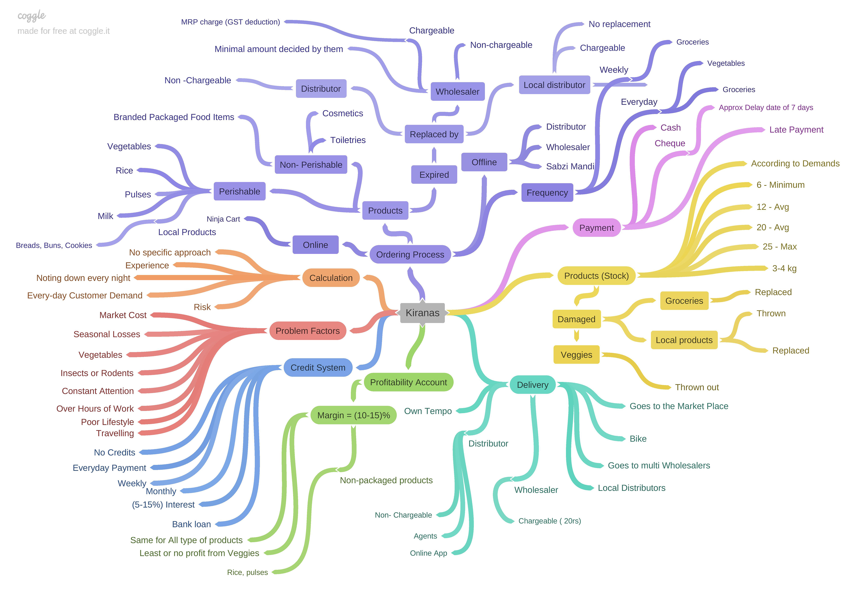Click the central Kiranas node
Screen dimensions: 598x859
[x=422, y=313]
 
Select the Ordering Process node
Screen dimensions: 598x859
[x=410, y=254]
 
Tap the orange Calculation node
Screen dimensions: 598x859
[x=331, y=278]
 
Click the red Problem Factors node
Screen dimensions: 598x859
[x=308, y=331]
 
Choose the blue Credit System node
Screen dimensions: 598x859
[x=318, y=368]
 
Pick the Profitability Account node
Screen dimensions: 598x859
[x=408, y=382]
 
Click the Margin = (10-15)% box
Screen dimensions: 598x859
[x=353, y=415]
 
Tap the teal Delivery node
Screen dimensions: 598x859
[x=532, y=385]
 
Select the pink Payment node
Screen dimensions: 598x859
[x=596, y=228]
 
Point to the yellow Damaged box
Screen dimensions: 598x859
[x=576, y=319]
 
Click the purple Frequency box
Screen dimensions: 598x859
[x=547, y=193]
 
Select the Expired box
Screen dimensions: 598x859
[x=434, y=175]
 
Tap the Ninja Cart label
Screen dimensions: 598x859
[x=223, y=219]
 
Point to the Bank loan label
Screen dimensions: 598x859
[x=191, y=524]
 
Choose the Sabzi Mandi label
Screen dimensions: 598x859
[x=570, y=166]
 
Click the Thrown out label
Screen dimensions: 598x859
[x=697, y=387]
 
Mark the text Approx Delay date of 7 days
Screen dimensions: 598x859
[x=765, y=107]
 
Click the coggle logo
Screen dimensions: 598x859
[x=32, y=16]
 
